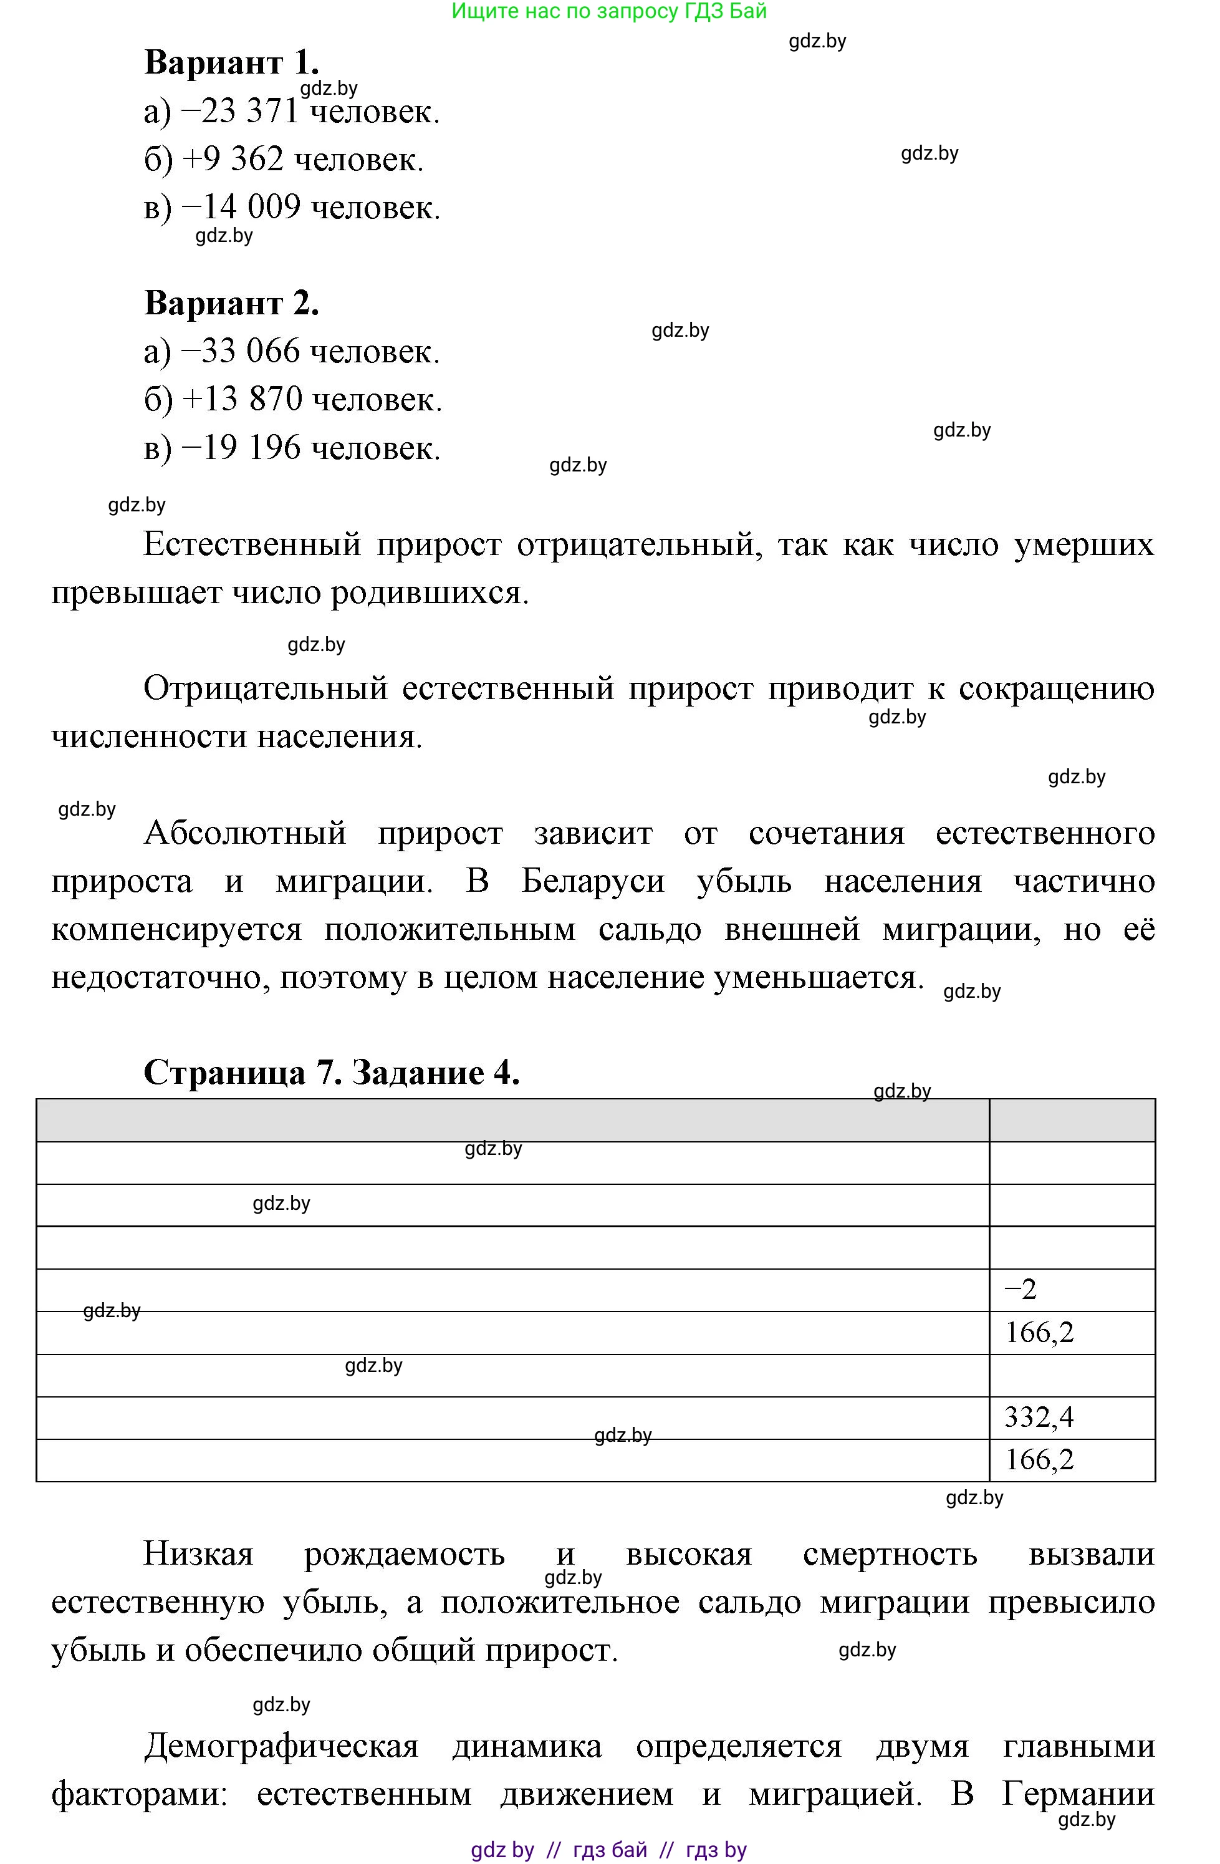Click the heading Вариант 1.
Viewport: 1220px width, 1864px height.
coord(231,62)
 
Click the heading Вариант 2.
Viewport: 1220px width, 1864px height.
coord(231,302)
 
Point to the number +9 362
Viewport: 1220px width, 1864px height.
coord(233,159)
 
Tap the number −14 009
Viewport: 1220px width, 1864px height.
coord(241,207)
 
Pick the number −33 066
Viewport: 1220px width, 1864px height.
coord(241,351)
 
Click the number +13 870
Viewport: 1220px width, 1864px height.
coord(242,399)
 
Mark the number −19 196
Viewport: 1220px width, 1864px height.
coord(241,448)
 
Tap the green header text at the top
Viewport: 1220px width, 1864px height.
coord(609,11)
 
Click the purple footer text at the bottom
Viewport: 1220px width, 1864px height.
coord(608,1850)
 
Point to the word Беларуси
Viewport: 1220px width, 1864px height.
coord(593,881)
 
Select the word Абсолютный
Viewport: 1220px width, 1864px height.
coord(245,833)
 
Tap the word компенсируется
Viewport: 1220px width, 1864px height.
coord(176,930)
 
